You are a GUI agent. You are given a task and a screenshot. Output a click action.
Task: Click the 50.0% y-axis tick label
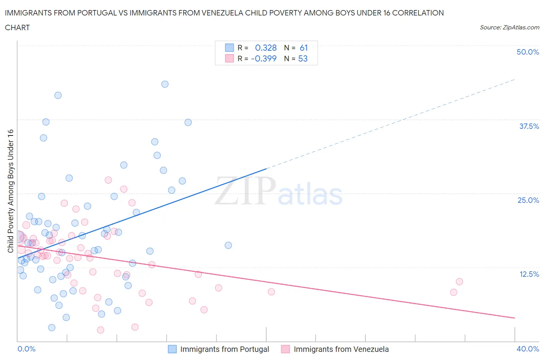pyautogui.click(x=528, y=52)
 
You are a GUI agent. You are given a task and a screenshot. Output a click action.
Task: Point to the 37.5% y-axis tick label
pyautogui.click(x=529, y=126)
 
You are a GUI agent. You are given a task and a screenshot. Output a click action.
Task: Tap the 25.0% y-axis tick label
pyautogui.click(x=528, y=200)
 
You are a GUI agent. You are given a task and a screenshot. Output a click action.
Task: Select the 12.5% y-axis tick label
pyautogui.click(x=529, y=274)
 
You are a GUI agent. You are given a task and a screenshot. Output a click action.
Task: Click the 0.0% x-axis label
pyautogui.click(x=26, y=349)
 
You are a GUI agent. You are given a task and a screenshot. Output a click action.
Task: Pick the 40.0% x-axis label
pyautogui.click(x=528, y=349)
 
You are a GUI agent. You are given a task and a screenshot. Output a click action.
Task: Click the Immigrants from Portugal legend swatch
pyautogui.click(x=172, y=349)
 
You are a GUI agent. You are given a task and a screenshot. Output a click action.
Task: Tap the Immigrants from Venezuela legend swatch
pyautogui.click(x=286, y=349)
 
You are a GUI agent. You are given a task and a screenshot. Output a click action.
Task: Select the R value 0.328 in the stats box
pyautogui.click(x=266, y=48)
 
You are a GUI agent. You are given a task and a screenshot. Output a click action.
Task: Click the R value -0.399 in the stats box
pyautogui.click(x=264, y=58)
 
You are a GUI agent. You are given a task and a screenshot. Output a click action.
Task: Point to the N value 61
pyautogui.click(x=304, y=48)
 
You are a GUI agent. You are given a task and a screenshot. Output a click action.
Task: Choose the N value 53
pyautogui.click(x=303, y=58)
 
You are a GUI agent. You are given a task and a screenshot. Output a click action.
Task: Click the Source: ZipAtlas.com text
pyautogui.click(x=509, y=27)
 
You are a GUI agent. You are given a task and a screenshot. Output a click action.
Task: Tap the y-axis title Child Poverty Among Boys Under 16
pyautogui.click(x=10, y=191)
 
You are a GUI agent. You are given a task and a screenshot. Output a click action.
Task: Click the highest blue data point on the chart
pyautogui.click(x=165, y=84)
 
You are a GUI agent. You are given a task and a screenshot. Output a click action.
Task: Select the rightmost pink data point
pyautogui.click(x=459, y=281)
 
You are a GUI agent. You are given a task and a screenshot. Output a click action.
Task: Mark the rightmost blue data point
pyautogui.click(x=228, y=245)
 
